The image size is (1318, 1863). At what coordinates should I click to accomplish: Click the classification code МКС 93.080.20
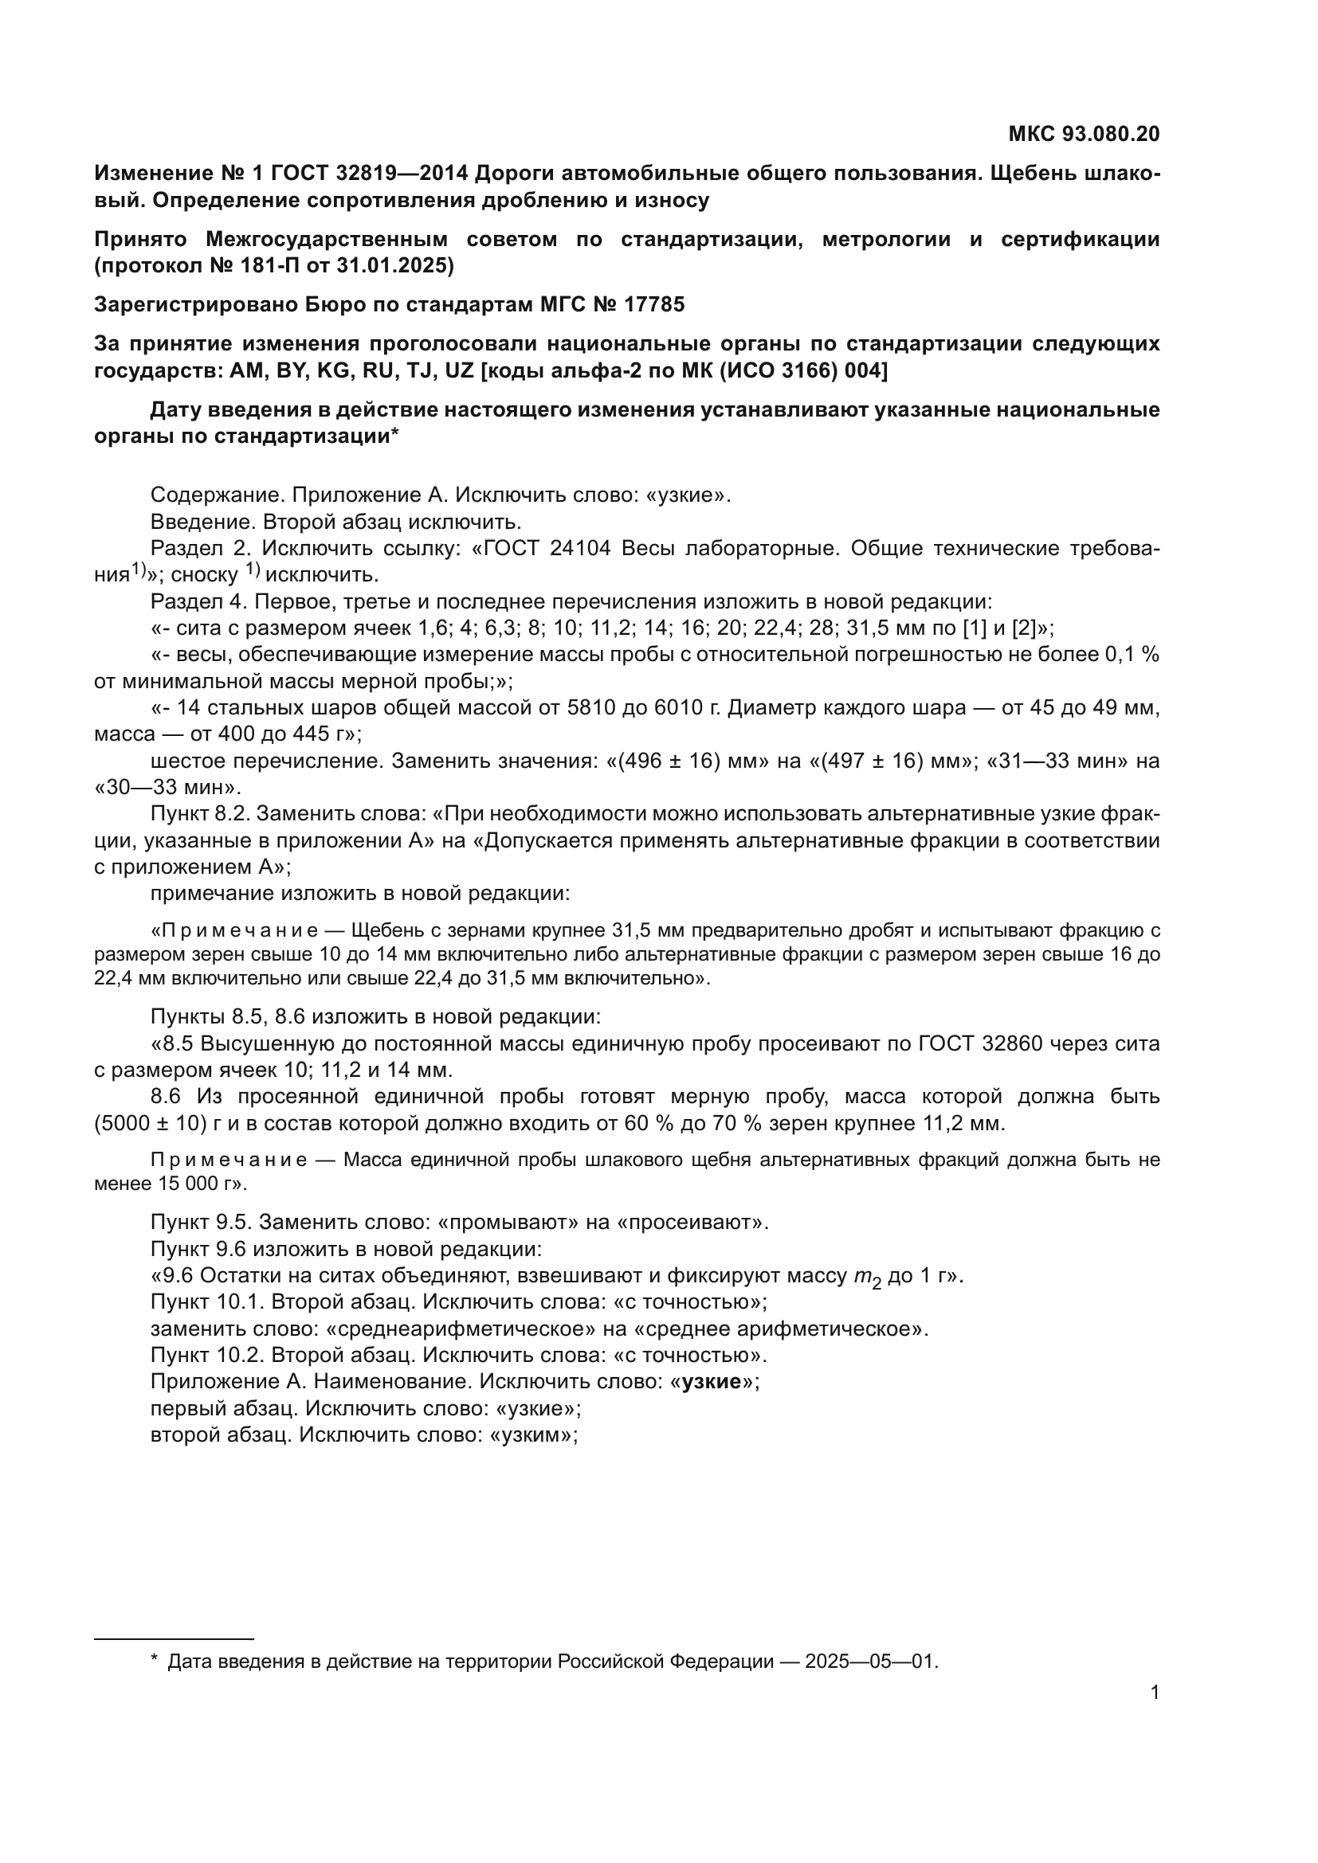1084,134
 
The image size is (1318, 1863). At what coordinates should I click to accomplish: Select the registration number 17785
654,304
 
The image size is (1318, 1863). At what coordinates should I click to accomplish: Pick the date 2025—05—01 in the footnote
870,1661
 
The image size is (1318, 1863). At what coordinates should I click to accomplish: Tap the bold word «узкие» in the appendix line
712,1382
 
